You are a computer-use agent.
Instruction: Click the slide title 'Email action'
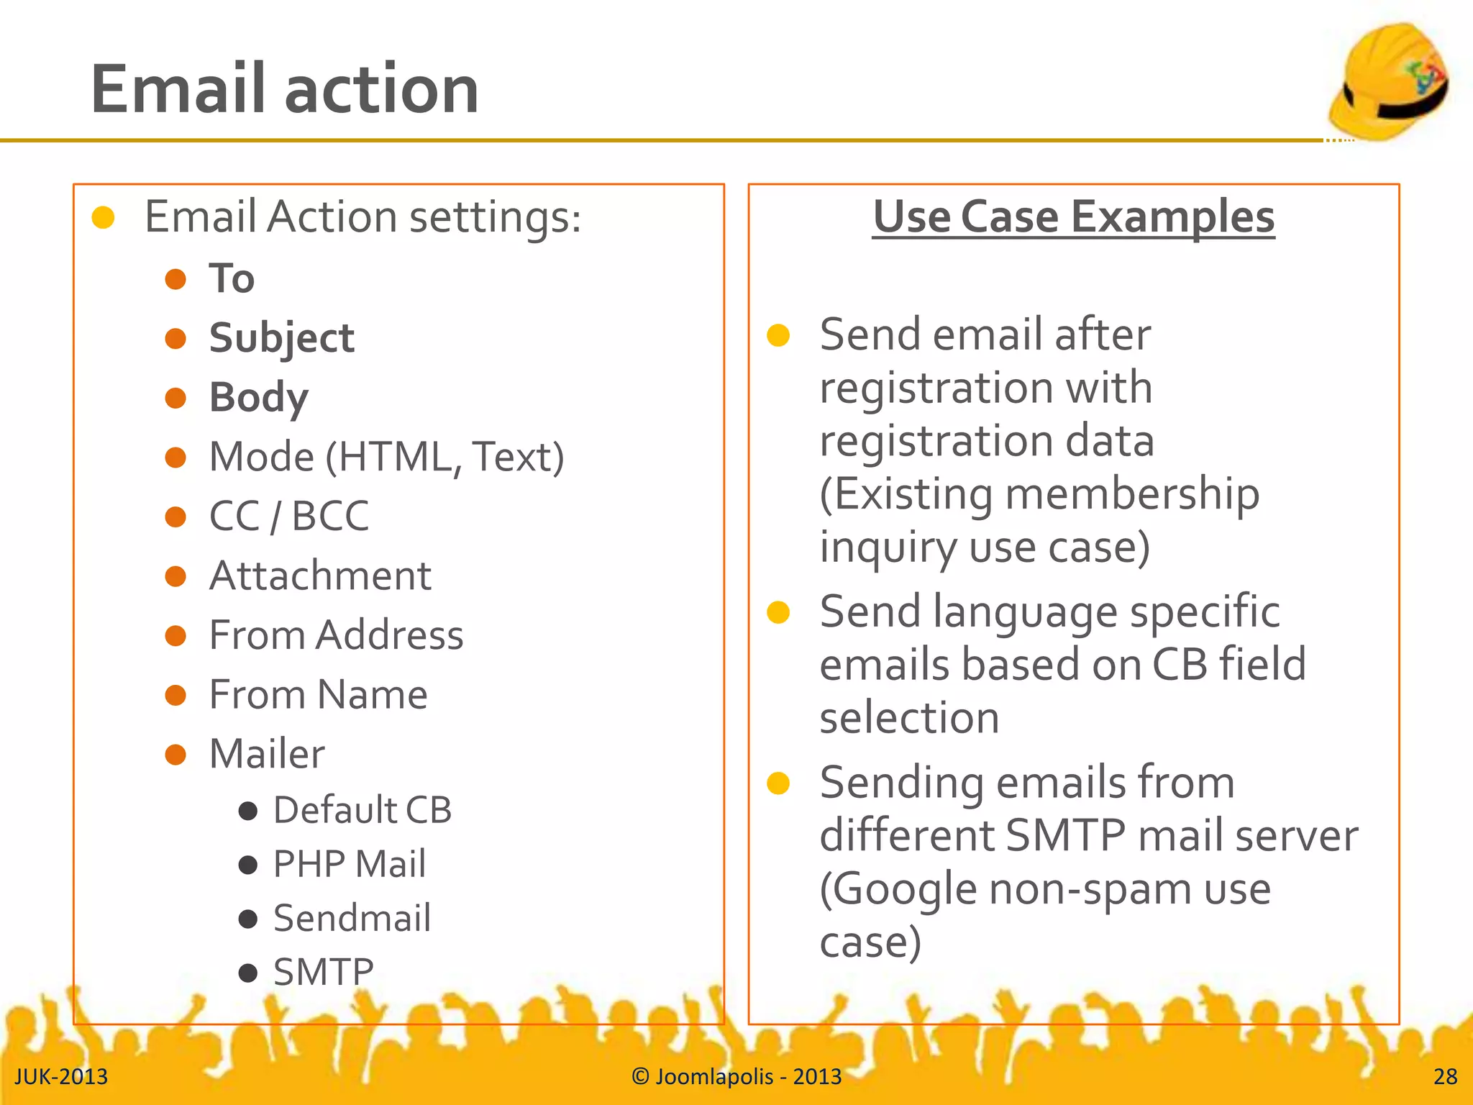click(x=284, y=89)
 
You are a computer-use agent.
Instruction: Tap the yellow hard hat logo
click(x=1388, y=81)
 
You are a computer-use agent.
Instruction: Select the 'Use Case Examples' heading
click(x=1073, y=217)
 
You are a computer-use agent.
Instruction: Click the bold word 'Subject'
click(x=281, y=338)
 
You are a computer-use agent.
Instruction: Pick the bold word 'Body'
click(x=258, y=398)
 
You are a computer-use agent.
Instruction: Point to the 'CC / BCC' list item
click(x=288, y=516)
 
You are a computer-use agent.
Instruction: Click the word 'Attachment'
click(x=320, y=576)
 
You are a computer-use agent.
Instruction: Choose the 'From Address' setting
click(x=336, y=635)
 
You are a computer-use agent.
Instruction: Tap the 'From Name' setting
click(x=318, y=695)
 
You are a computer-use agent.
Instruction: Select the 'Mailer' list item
click(x=267, y=754)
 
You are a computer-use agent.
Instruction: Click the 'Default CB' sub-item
click(x=362, y=810)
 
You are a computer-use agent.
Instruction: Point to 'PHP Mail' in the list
click(x=350, y=864)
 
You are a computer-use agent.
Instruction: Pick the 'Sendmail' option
click(x=352, y=918)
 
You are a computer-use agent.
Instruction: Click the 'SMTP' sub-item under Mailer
click(x=324, y=973)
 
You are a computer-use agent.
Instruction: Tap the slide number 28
click(x=1445, y=1076)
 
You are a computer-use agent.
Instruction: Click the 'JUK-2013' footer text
click(x=61, y=1076)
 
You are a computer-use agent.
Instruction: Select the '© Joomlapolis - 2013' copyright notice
click(x=736, y=1076)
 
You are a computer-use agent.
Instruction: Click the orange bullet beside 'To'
click(x=175, y=279)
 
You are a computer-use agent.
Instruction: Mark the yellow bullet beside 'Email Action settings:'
click(x=104, y=217)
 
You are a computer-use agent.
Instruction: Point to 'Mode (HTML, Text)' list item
click(x=386, y=457)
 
